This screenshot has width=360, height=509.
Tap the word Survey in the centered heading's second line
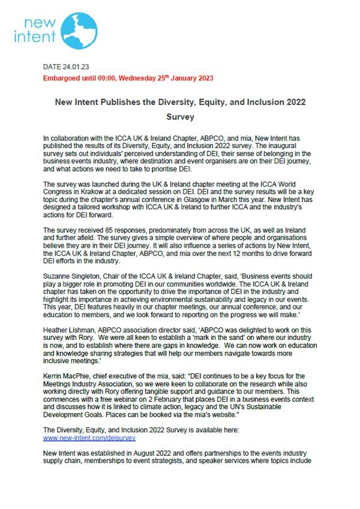(x=181, y=118)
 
